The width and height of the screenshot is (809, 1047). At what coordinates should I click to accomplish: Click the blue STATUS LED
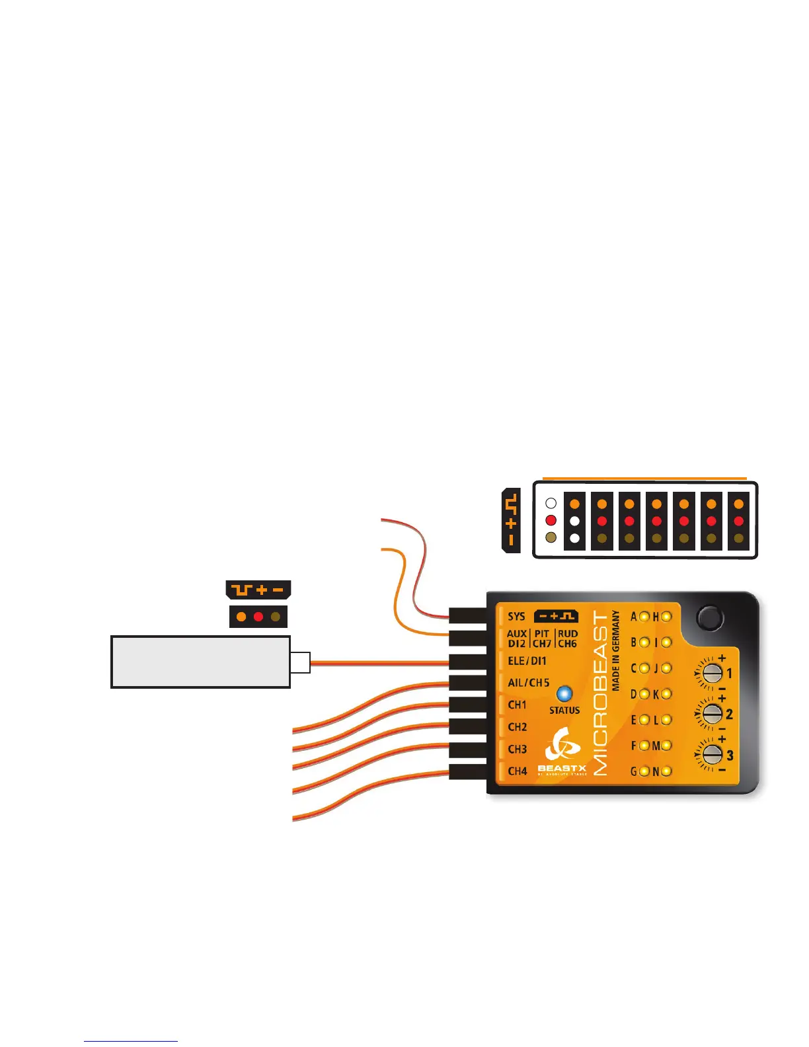click(564, 694)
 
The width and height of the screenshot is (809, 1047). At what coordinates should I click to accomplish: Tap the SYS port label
click(516, 617)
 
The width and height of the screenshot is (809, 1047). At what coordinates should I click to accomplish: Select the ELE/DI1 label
click(527, 661)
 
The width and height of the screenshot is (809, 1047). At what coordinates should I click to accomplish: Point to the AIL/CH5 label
click(528, 683)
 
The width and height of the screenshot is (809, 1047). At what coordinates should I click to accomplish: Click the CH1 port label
click(517, 705)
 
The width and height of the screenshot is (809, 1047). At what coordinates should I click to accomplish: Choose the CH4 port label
click(517, 771)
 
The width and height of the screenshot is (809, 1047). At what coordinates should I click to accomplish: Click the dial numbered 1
click(711, 674)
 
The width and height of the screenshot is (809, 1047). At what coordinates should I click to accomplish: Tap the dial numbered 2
click(711, 714)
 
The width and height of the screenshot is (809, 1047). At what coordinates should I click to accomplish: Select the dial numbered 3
click(711, 755)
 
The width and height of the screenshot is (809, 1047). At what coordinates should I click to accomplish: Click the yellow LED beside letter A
click(644, 617)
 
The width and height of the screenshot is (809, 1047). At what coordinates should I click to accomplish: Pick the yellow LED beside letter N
click(666, 771)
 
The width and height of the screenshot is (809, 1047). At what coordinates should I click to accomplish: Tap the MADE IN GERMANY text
click(616, 650)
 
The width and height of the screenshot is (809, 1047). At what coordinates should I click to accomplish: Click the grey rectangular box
click(200, 662)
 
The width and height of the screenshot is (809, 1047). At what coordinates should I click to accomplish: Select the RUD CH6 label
click(567, 639)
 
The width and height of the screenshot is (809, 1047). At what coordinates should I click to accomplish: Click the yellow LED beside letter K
click(666, 694)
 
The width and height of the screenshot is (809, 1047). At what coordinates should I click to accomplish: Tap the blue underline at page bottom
click(131, 1041)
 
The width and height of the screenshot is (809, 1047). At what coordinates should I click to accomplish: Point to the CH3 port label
click(517, 750)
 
